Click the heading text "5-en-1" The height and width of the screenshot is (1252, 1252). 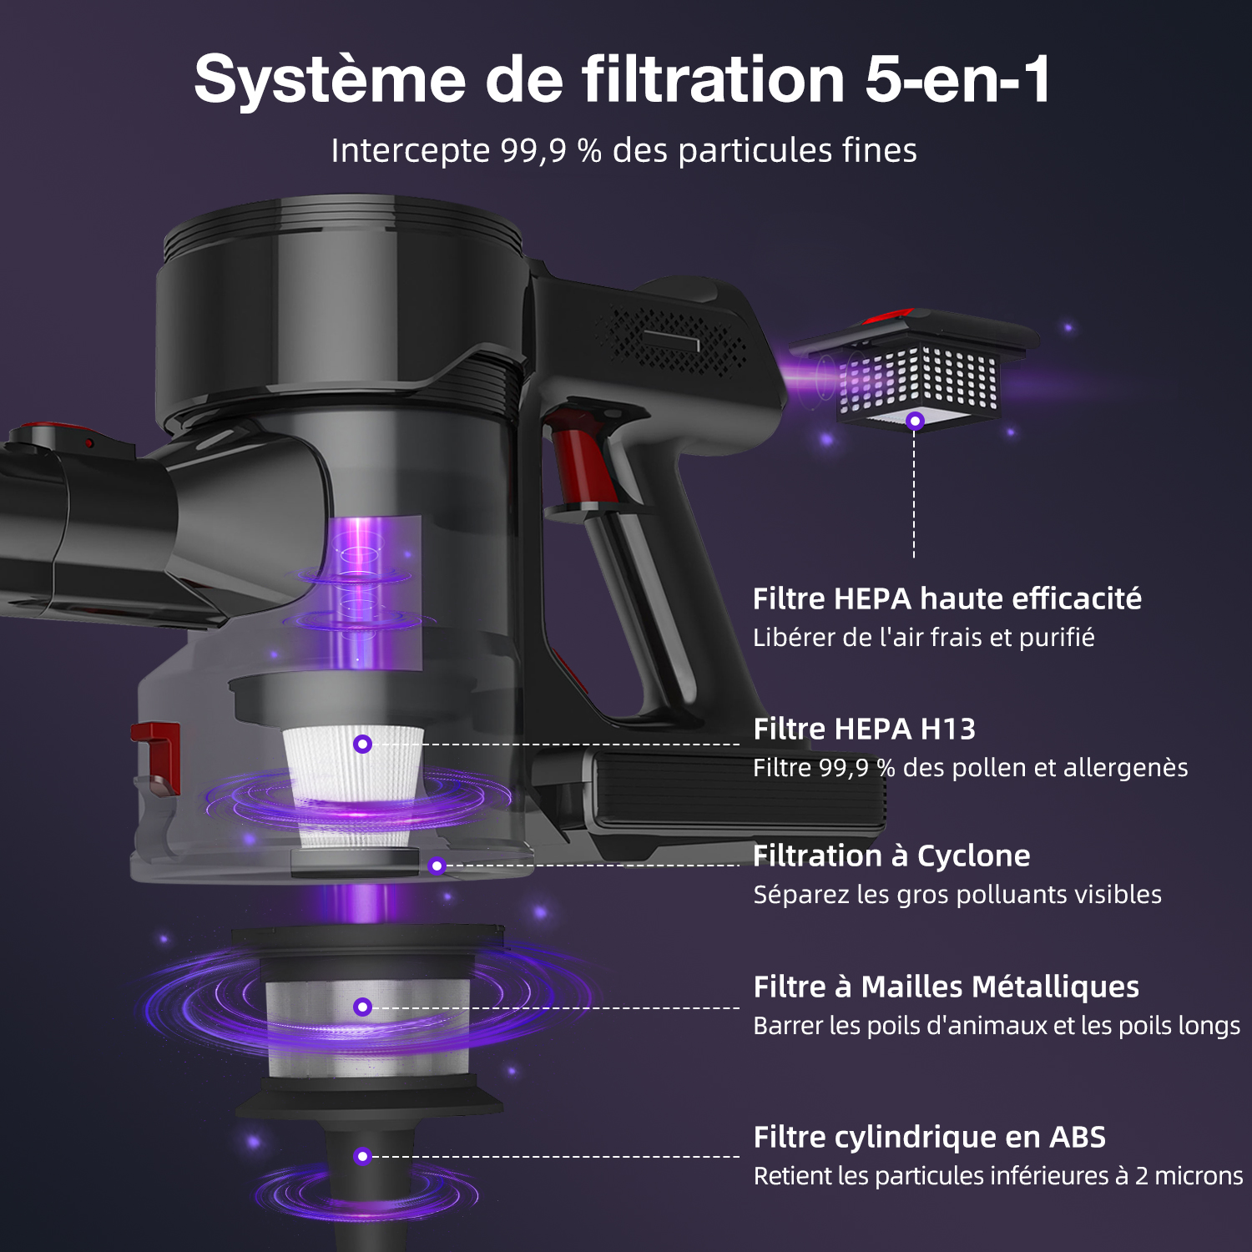pos(958,79)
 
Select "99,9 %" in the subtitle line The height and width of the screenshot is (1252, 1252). pos(551,151)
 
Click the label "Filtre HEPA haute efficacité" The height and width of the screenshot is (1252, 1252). pos(947,598)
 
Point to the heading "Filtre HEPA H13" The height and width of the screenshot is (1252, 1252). pos(865,729)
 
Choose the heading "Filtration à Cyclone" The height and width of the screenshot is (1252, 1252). pos(891,856)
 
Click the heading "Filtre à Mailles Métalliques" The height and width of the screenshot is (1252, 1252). pos(947,987)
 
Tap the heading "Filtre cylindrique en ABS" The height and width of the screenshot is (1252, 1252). pos(930,1137)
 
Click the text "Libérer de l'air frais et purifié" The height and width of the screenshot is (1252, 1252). pos(924,638)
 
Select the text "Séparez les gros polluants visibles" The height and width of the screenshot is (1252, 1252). pos(957,895)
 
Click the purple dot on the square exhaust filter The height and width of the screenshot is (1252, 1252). pos(915,421)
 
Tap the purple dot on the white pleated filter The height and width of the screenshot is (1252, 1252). pos(362,744)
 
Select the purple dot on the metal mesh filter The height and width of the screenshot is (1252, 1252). pos(362,1007)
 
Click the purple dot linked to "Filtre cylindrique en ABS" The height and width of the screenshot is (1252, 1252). pos(362,1156)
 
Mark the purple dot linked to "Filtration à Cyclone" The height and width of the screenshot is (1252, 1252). pos(437,866)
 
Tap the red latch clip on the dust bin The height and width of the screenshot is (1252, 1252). pos(157,755)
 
